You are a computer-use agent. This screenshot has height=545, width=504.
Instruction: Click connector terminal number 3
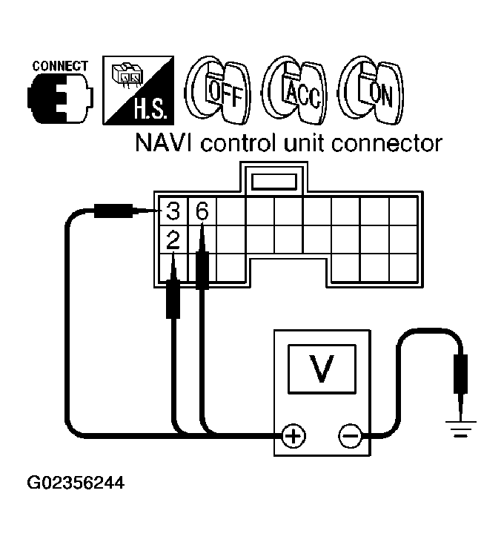(x=173, y=212)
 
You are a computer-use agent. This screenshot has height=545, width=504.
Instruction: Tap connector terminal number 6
(x=202, y=212)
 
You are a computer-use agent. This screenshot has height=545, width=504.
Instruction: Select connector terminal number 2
(x=173, y=239)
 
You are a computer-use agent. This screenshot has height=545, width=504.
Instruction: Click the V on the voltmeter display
(x=321, y=368)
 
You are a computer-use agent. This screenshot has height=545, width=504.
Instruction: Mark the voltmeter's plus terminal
(x=294, y=435)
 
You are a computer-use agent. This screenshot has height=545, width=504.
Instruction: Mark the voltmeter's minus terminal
(x=349, y=435)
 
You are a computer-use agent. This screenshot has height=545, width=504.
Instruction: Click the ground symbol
(x=460, y=426)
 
